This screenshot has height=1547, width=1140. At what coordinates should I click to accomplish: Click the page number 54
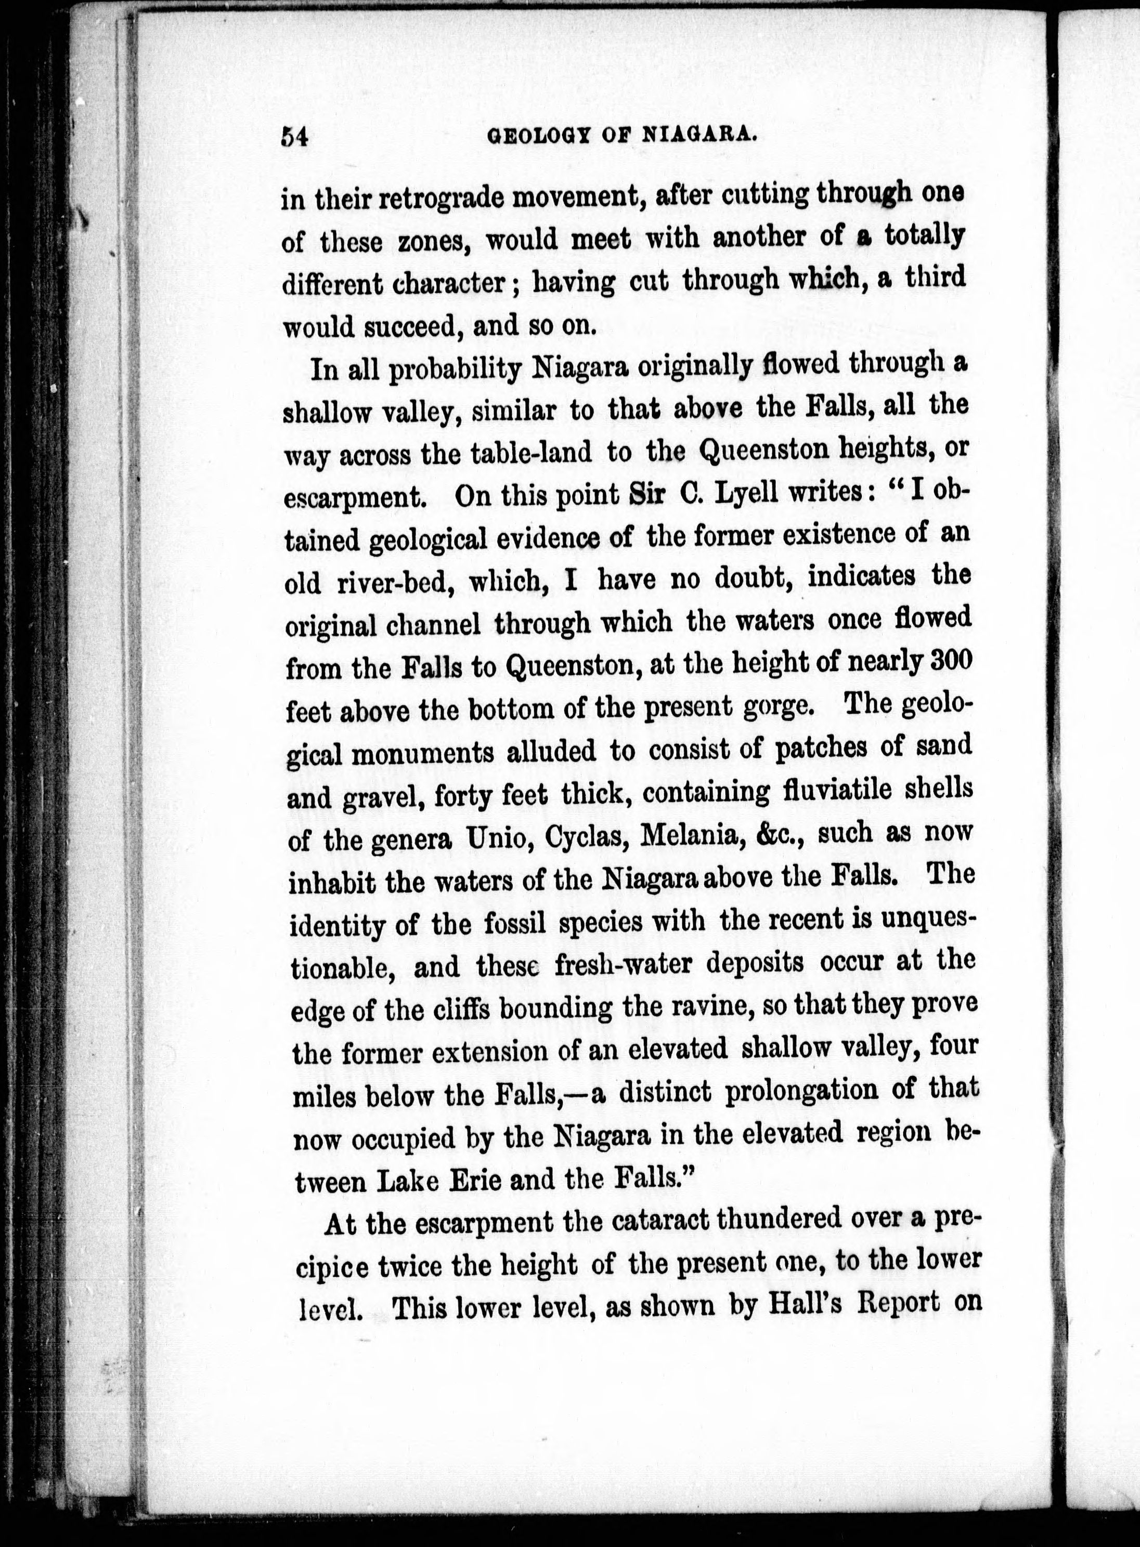click(x=293, y=137)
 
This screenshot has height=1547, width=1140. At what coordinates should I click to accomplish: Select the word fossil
click(x=510, y=922)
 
